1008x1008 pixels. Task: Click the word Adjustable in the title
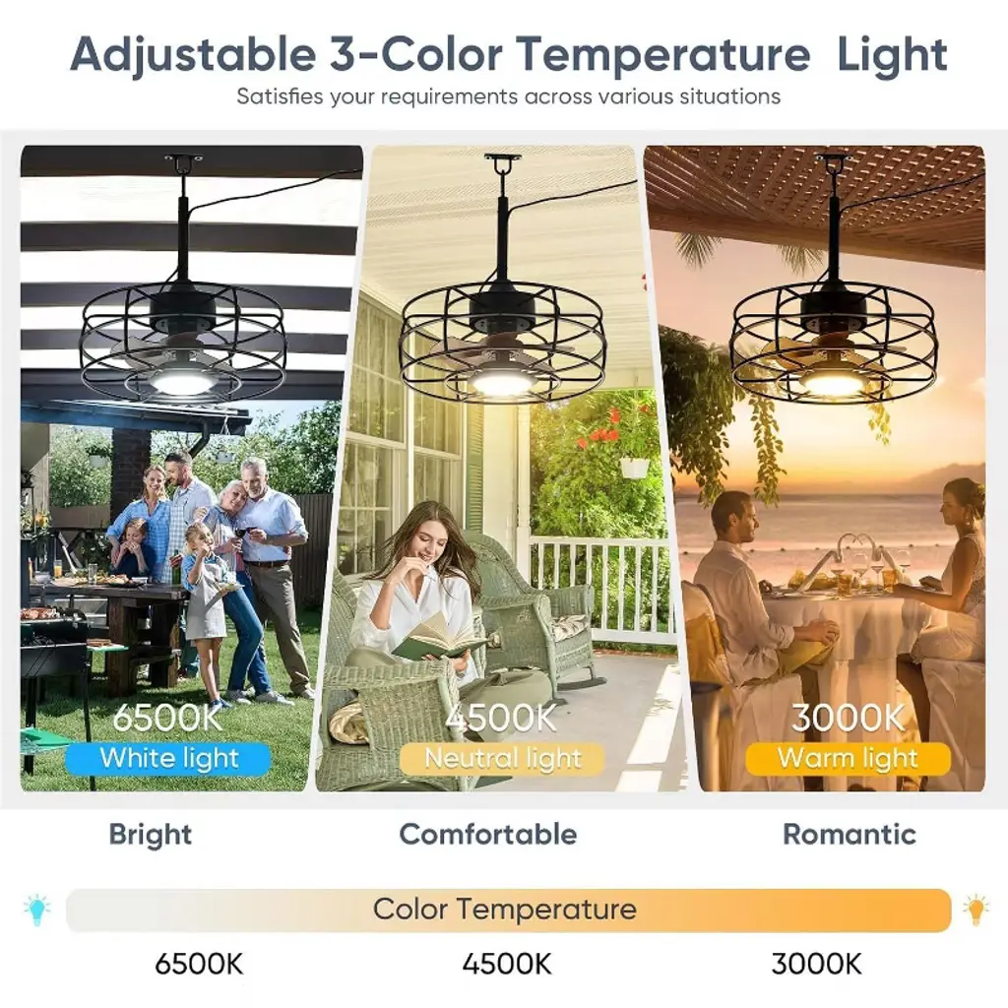click(192, 56)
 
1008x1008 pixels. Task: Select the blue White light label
click(167, 759)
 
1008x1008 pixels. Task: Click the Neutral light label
click(502, 759)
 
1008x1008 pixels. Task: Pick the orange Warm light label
click(848, 759)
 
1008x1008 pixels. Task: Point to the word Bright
click(151, 835)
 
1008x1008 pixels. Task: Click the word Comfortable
click(488, 834)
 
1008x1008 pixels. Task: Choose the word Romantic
click(850, 834)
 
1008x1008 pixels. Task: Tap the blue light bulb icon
click(36, 909)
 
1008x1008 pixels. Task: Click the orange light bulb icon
click(976, 909)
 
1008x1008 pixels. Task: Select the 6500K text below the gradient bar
click(199, 965)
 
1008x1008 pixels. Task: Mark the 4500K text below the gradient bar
click(507, 965)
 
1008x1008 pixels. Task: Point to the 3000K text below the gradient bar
click(816, 965)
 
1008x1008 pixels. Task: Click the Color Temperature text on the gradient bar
click(505, 909)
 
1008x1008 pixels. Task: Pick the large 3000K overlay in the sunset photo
click(848, 718)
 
